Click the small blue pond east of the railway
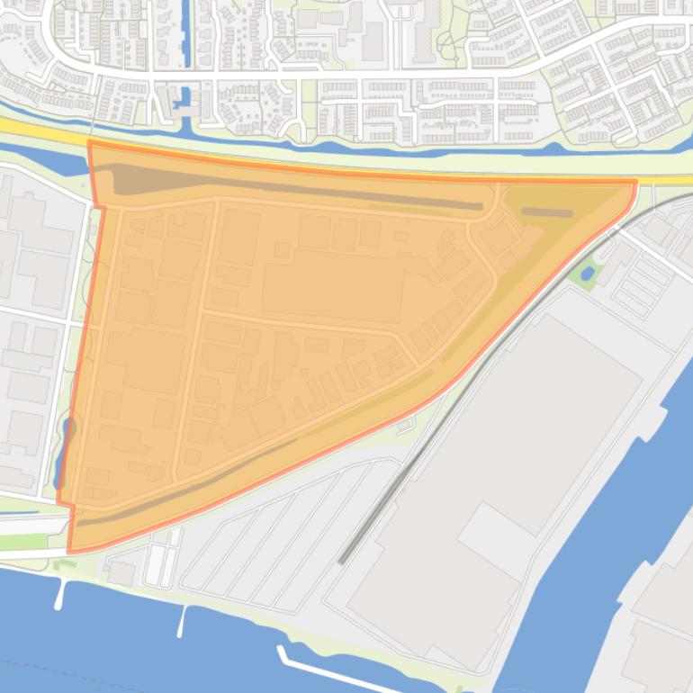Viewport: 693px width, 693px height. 588,271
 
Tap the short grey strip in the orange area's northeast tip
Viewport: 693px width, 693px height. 547,213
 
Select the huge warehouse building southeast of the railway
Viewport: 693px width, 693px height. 504,468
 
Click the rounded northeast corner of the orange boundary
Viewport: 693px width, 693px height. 634,184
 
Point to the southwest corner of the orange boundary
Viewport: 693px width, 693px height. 70,549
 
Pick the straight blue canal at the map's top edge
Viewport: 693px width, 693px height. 187,31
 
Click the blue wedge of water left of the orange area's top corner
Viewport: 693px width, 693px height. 67,162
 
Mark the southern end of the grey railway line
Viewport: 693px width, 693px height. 342,561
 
